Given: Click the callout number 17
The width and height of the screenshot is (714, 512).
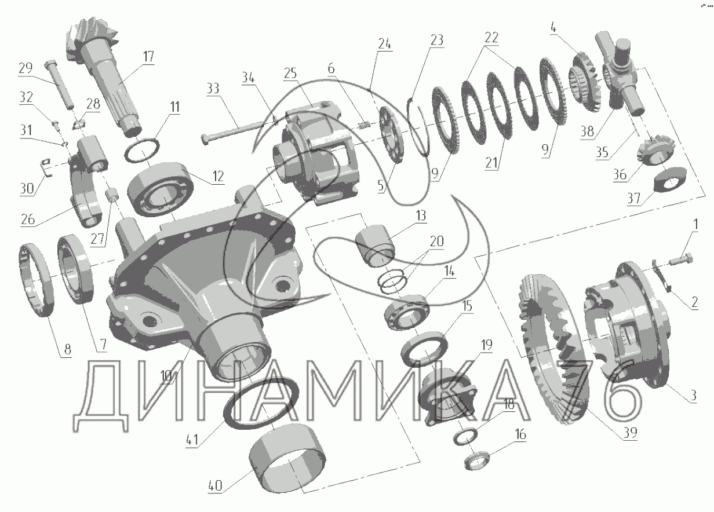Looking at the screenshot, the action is pos(148,57).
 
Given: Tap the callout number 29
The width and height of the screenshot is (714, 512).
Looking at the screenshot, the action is pos(25,68).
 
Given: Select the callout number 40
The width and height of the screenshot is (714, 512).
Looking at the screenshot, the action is pos(215,485).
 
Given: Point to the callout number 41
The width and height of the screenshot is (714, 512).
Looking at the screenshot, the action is pos(192,440).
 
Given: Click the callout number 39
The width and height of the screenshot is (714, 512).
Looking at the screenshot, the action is pos(630,432).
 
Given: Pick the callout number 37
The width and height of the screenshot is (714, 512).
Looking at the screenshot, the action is pos(633,198).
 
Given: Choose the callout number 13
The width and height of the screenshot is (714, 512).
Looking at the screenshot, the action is pos(421,215).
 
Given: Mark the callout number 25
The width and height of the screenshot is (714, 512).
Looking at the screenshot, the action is pos(290,74).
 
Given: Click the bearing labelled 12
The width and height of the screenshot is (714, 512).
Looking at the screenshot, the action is pos(161,189).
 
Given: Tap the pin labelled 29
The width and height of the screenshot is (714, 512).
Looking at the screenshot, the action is pos(60,85).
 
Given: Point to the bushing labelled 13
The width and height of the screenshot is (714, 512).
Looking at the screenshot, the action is pos(375,246).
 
